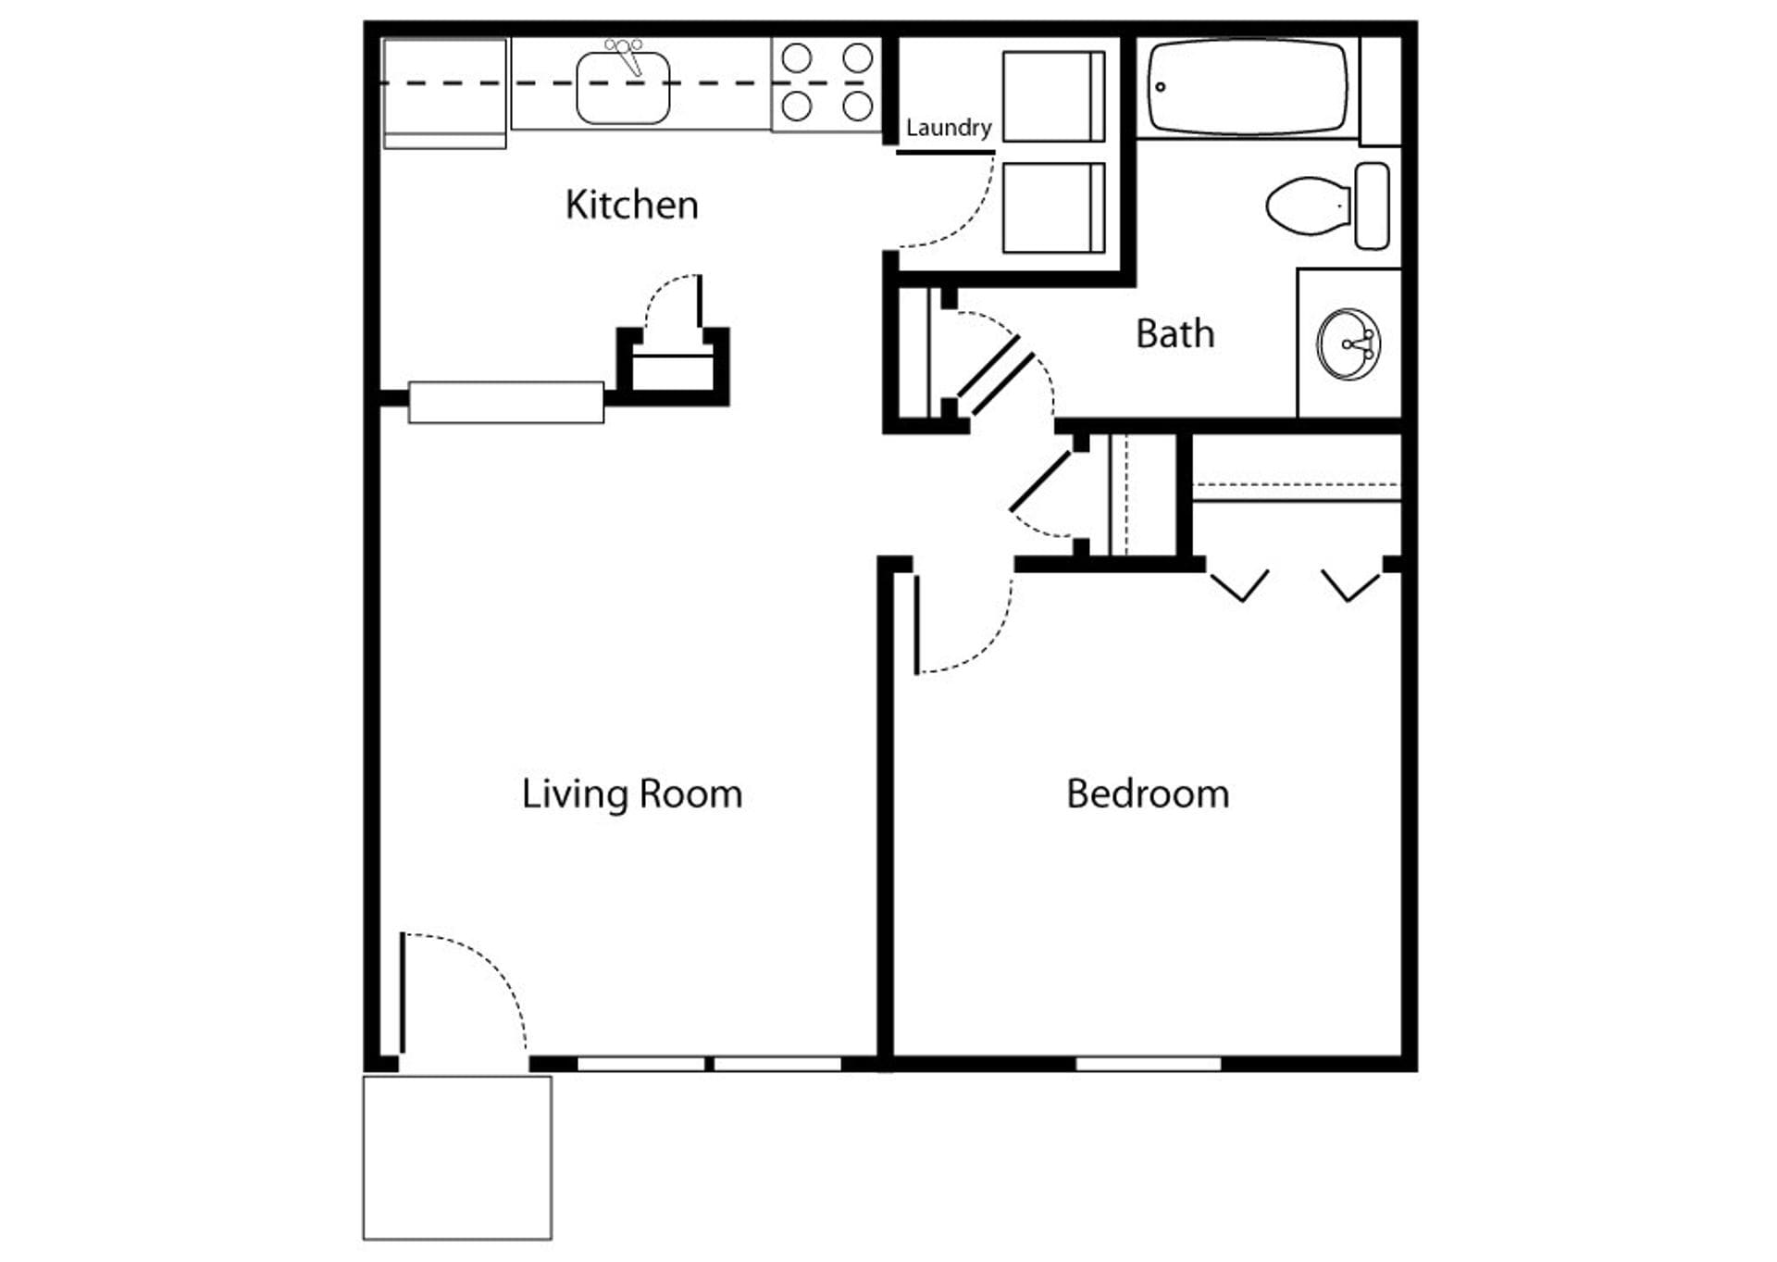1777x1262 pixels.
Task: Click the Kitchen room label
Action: coord(631,205)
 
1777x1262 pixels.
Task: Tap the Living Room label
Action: coord(631,794)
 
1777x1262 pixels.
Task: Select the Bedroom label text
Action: coord(1148,794)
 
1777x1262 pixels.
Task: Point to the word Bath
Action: coord(1174,334)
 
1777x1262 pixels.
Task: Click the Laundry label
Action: coord(948,128)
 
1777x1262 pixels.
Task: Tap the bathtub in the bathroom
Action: coord(1247,87)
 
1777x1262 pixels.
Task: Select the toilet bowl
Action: coord(1305,205)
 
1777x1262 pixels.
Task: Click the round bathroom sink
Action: coord(1349,344)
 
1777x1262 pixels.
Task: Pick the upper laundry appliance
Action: coord(1053,96)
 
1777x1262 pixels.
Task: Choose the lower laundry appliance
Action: coord(1053,207)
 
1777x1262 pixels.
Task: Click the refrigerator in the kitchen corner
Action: coord(444,93)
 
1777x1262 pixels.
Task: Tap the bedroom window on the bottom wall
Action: coord(1148,1064)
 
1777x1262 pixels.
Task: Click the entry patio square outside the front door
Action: coord(457,1157)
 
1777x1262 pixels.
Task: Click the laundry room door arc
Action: coord(967,218)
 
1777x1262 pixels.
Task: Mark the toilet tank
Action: coord(1372,206)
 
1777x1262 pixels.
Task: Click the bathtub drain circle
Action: coord(1161,87)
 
